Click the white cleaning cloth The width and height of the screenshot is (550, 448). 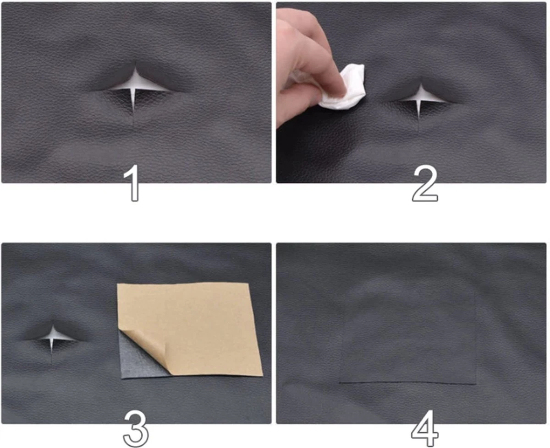344,88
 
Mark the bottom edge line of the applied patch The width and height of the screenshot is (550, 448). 407,383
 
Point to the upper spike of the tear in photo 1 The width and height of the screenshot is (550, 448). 135,76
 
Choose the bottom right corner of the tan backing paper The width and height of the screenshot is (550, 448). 263,375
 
